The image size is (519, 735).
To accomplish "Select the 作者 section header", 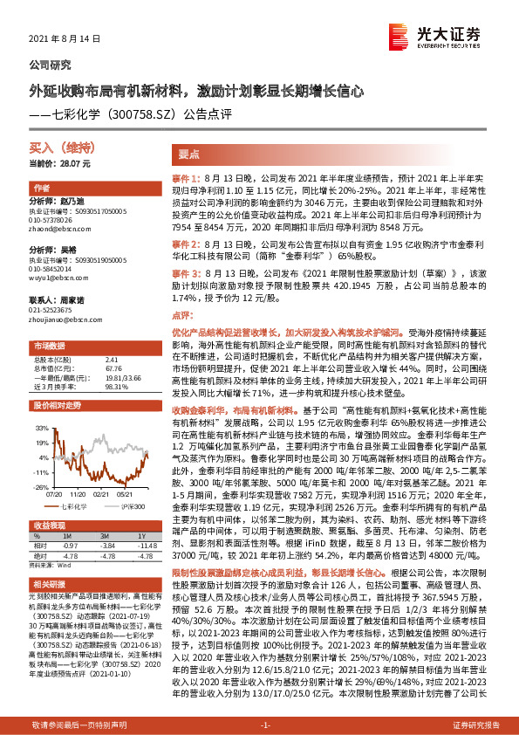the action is [41, 189].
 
